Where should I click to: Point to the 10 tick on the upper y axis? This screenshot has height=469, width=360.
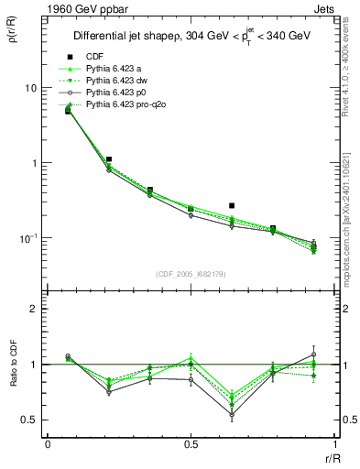pos(29,88)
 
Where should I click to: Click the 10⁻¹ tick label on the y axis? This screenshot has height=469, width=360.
pos(27,237)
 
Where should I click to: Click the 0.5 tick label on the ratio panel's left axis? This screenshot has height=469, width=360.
pos(30,420)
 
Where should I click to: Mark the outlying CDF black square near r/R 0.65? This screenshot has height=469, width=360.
pos(232,206)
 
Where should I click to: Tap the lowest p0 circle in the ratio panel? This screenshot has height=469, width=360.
pos(232,415)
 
